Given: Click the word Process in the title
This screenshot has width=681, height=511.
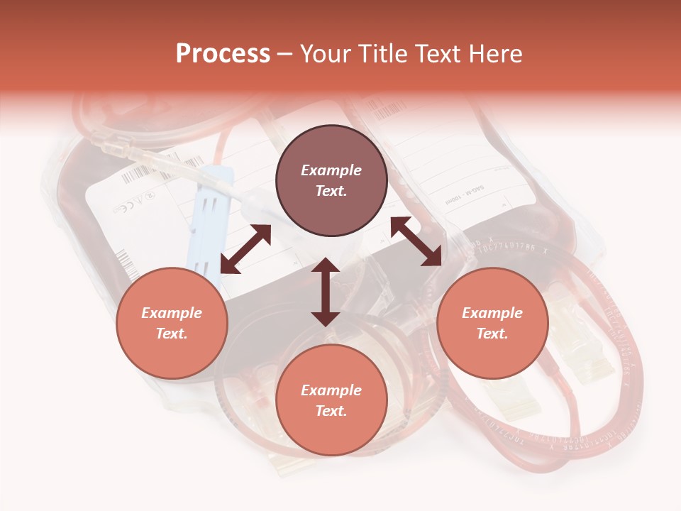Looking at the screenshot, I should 223,54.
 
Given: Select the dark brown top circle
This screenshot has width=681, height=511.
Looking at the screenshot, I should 331,181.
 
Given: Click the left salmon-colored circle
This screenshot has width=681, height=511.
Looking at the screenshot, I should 172,324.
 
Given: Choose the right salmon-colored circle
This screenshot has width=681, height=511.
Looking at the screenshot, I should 492,324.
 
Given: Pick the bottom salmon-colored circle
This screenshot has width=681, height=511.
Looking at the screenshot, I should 331,400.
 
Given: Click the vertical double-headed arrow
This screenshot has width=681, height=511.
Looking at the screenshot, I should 326,292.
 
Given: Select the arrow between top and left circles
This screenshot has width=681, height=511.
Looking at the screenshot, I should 245,249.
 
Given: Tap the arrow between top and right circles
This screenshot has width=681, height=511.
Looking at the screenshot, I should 416,241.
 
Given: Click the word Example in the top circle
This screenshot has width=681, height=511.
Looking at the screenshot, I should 331,170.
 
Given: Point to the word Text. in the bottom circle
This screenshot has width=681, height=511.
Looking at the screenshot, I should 331,411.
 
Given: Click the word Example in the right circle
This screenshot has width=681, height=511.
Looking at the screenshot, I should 492,313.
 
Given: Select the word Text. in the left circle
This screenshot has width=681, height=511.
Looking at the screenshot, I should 172,334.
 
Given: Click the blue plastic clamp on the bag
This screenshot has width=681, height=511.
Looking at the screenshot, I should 214,213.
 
